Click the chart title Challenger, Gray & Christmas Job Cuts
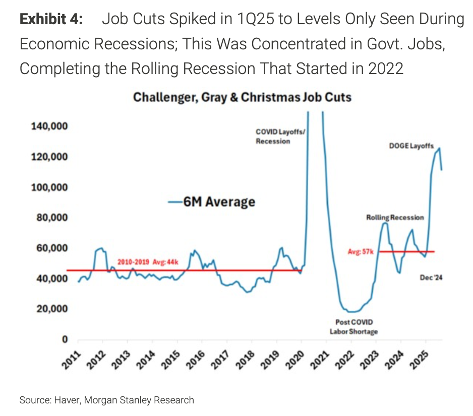pyautogui.click(x=242, y=98)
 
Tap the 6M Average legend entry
pyautogui.click(x=212, y=202)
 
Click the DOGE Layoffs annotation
pyautogui.click(x=411, y=146)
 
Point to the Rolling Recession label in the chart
pyautogui.click(x=395, y=217)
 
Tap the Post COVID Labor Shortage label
pyautogui.click(x=354, y=326)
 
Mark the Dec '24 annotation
pyautogui.click(x=431, y=277)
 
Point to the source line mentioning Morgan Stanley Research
pyautogui.click(x=107, y=400)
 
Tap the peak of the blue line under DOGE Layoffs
pyautogui.click(x=439, y=148)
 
